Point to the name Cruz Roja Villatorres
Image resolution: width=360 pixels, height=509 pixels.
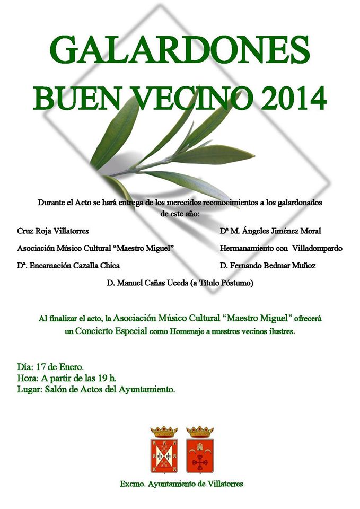[53, 231]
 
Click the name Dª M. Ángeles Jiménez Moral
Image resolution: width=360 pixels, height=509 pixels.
[270, 231]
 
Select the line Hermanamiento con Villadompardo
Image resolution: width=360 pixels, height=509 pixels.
[281, 248]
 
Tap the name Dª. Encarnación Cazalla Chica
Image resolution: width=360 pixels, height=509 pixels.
[68, 265]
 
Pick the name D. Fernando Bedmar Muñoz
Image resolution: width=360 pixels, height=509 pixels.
[268, 265]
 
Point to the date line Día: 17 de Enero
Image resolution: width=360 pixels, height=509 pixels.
[50, 366]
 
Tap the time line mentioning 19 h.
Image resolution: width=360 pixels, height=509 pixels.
[67, 378]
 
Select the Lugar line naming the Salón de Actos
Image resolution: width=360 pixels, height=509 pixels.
[96, 390]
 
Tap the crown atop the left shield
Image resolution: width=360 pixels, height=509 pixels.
[164, 431]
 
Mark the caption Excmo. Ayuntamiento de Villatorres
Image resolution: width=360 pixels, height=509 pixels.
[182, 484]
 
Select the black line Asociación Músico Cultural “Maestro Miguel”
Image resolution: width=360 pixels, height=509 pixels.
[96, 248]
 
